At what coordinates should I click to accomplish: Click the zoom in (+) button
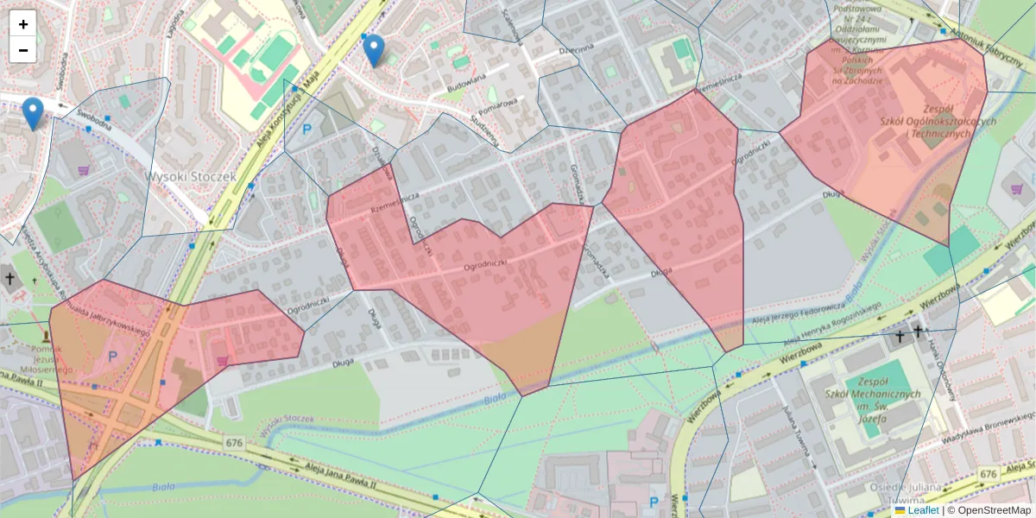23,24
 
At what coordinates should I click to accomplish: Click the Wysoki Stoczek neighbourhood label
190,176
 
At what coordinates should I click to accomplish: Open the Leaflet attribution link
923,510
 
